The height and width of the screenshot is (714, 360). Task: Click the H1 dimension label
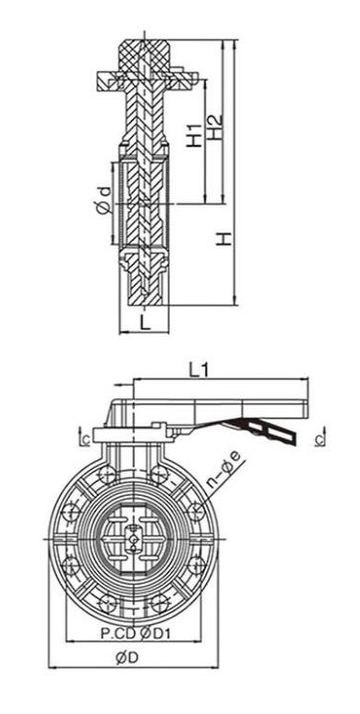point(195,135)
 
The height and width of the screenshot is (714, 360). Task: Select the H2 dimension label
point(214,127)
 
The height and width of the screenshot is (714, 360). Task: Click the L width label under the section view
point(145,322)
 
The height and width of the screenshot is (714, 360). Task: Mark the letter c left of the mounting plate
point(84,439)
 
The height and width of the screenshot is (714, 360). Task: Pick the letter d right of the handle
point(321,437)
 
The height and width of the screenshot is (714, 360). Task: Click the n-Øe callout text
point(226,475)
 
